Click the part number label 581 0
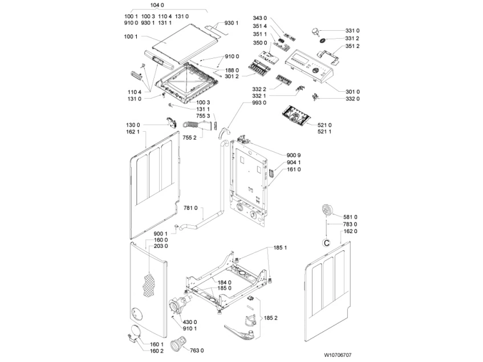coord(350,217)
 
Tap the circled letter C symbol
coord(326,243)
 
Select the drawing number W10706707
coord(338,355)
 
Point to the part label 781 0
coord(190,208)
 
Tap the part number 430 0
coord(189,322)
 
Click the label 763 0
coord(197,350)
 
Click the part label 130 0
coord(133,125)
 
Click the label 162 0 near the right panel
coord(350,231)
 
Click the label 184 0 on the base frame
coord(225,282)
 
